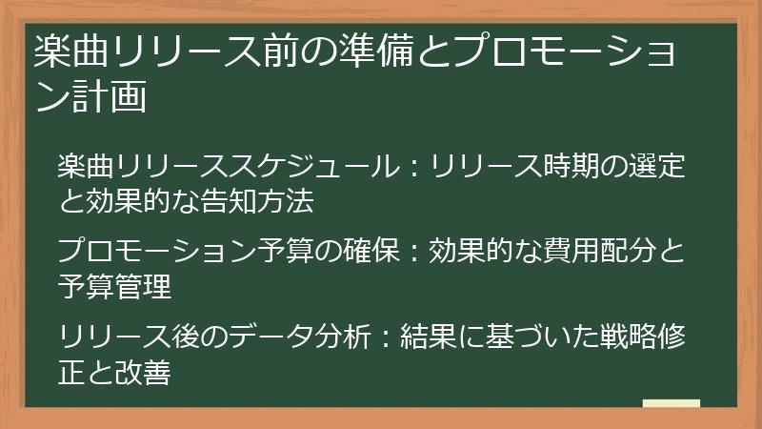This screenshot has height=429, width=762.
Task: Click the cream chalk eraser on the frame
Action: click(x=671, y=404)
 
